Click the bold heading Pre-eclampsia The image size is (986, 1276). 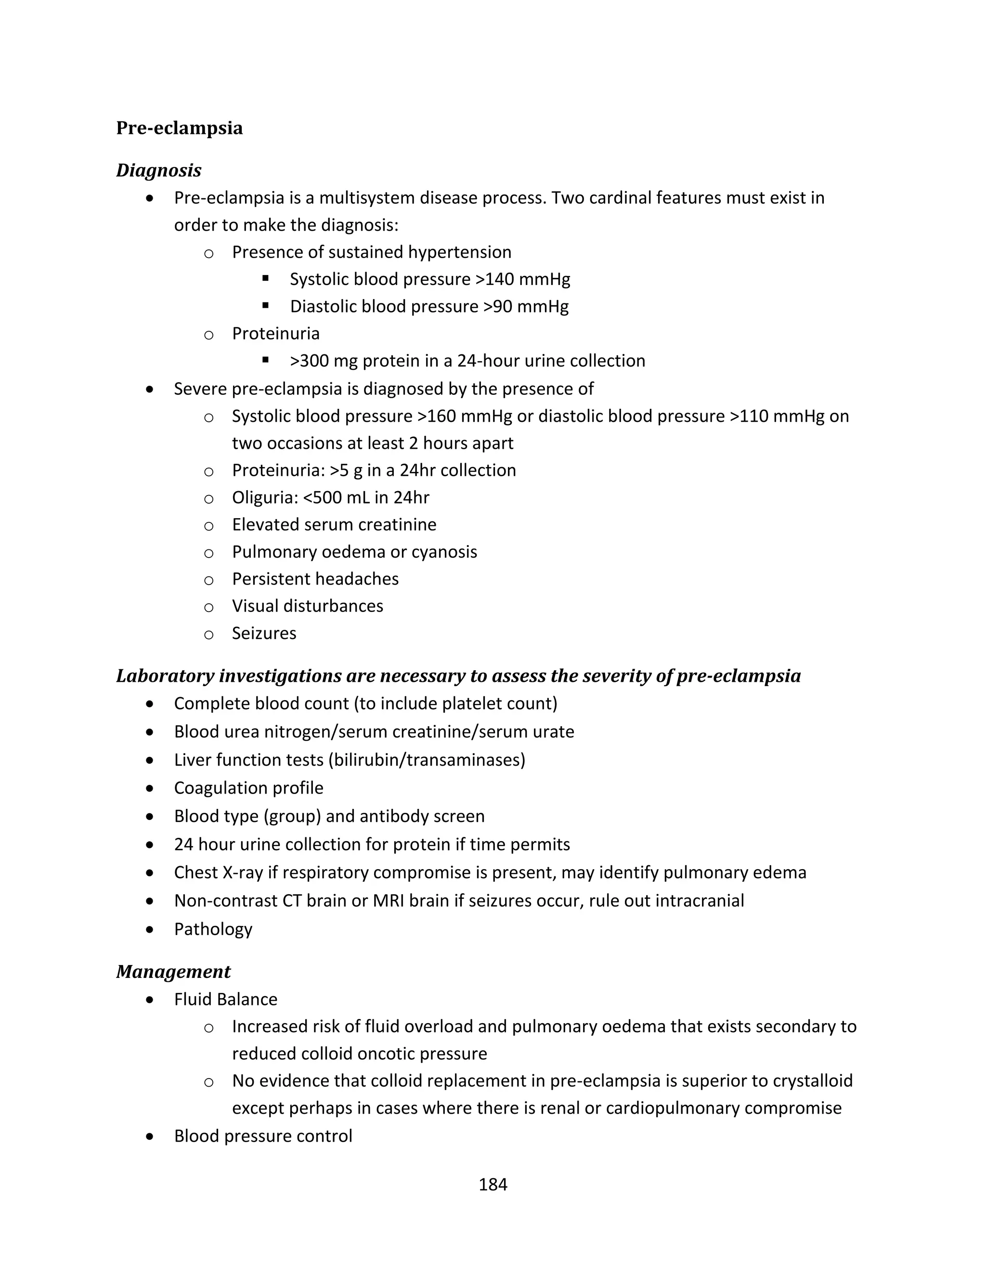[x=179, y=128]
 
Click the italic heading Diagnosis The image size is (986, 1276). [x=158, y=170]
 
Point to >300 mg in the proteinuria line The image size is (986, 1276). [x=323, y=361]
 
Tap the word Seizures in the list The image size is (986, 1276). [x=264, y=633]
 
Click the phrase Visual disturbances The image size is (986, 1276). [x=307, y=606]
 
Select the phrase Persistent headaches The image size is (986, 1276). [x=315, y=579]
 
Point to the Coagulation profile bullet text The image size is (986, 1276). [x=248, y=788]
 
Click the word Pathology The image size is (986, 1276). [x=213, y=929]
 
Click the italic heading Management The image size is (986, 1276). [x=173, y=972]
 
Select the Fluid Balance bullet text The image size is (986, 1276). [x=225, y=1000]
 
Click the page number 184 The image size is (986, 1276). [x=493, y=1185]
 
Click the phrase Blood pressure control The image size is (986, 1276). [x=263, y=1136]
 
